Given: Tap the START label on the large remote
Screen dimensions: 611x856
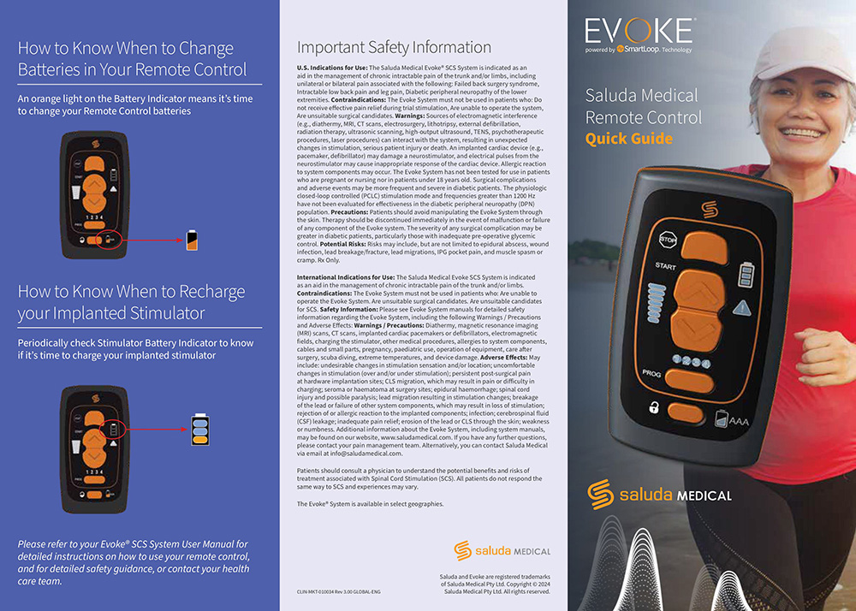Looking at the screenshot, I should [666, 266].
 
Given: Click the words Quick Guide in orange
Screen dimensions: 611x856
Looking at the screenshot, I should [629, 139].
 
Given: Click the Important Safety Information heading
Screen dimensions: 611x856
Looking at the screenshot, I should [394, 47].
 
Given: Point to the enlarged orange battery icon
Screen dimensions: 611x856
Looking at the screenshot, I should [192, 240].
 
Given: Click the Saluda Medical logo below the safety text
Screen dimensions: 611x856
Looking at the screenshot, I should [502, 550].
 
